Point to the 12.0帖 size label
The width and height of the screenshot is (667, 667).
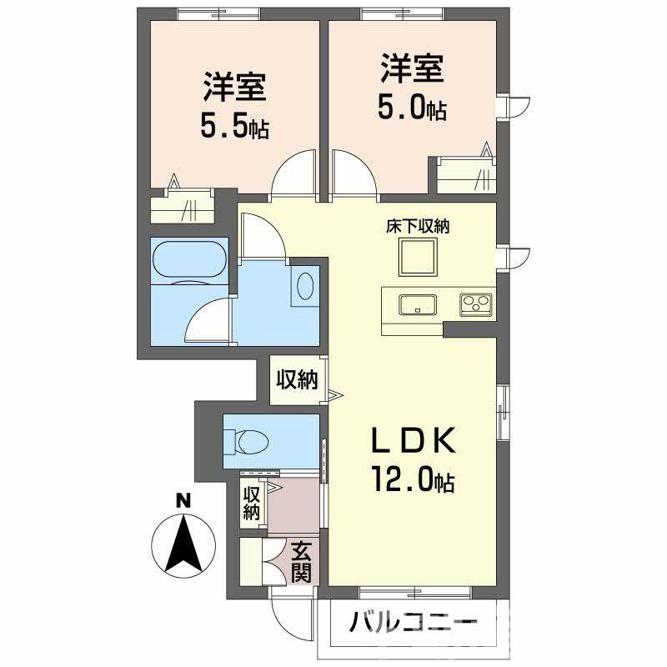[414, 479]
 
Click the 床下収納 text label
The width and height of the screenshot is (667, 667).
[417, 227]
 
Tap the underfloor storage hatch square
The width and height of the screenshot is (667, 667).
[417, 256]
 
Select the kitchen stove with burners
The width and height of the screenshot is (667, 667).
[476, 303]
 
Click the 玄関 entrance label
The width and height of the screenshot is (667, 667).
[302, 562]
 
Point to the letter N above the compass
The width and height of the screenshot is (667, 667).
[181, 501]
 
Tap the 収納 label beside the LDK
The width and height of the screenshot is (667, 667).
[297, 380]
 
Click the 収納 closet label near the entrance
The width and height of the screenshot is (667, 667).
[251, 504]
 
